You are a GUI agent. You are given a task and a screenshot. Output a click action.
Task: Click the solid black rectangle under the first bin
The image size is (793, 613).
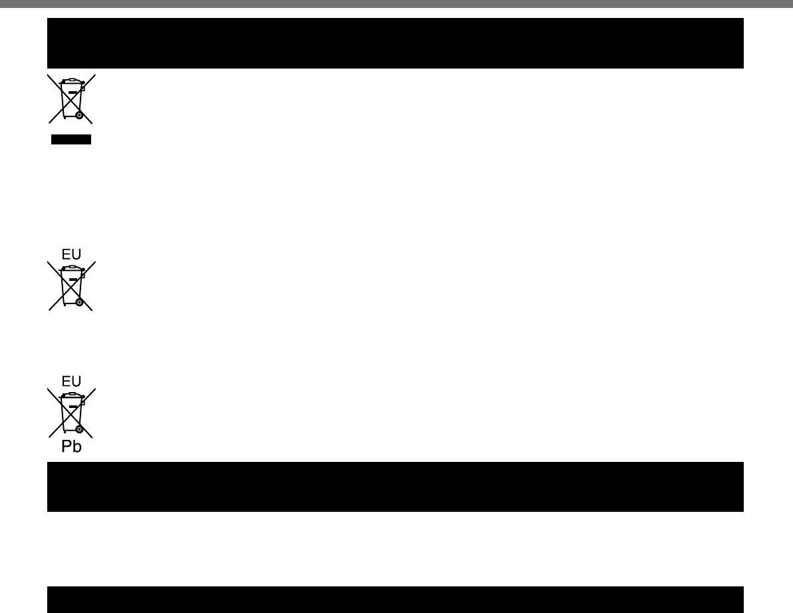tap(71, 139)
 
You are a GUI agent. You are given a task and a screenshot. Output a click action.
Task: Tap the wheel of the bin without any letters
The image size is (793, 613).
tap(79, 115)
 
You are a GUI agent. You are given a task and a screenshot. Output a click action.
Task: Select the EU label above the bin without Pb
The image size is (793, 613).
tap(71, 254)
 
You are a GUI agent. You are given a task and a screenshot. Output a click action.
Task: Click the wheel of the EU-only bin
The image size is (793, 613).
tap(79, 302)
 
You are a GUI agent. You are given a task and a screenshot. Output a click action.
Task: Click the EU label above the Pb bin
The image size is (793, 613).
tap(71, 381)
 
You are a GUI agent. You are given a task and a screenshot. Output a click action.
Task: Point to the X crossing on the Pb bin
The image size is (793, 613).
tap(71, 413)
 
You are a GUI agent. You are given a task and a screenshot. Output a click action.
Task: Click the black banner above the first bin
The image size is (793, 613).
tap(395, 43)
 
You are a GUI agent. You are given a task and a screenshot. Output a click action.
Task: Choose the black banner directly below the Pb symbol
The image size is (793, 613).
tap(395, 487)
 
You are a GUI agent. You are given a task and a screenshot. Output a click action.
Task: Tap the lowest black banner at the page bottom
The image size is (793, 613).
tap(395, 599)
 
